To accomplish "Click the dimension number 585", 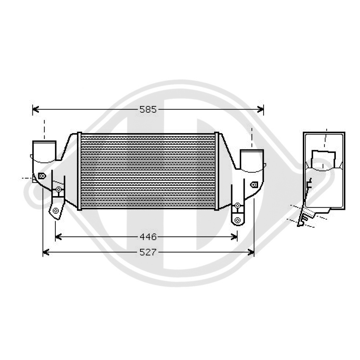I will tap(148, 110).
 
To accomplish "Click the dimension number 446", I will tap(148, 237).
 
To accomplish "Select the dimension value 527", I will tap(148, 253).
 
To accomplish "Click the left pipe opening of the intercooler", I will tap(44, 150).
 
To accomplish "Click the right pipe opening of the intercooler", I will tap(252, 159).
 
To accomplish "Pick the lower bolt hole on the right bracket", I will tap(237, 220).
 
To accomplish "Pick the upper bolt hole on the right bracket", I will tap(237, 206).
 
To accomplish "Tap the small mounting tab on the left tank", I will tap(42, 176).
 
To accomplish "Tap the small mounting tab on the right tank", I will tap(254, 184).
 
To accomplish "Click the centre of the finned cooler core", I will tap(148, 171).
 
